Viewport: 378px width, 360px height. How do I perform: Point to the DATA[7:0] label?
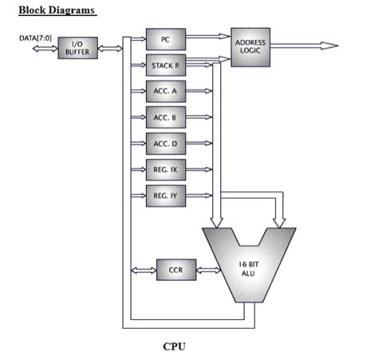tap(35, 38)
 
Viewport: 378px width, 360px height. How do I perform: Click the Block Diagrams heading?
tap(57, 10)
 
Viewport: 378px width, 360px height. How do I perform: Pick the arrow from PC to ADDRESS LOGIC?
tap(207, 37)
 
